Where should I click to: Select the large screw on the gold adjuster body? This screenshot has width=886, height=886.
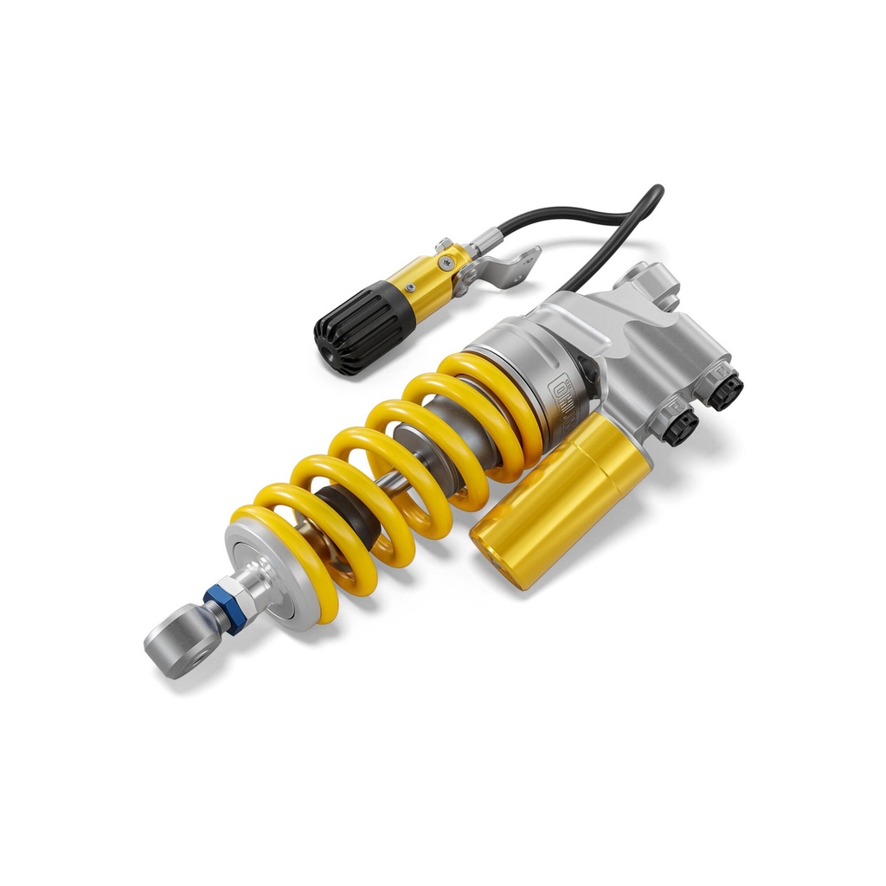445,263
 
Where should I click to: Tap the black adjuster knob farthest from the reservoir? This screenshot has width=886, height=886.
723,391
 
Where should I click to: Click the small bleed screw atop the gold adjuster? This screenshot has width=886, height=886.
443,245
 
